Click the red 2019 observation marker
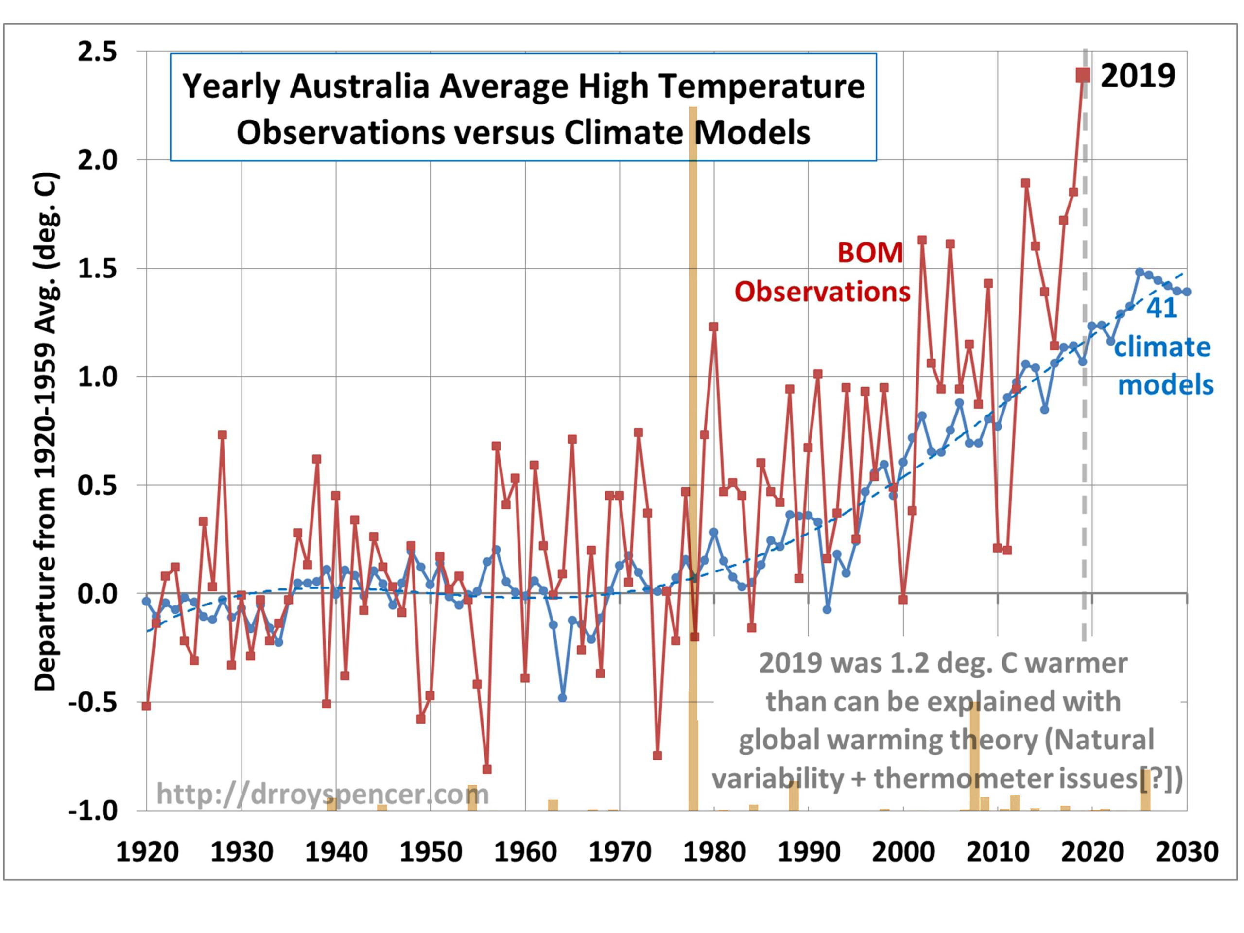[x=1083, y=75]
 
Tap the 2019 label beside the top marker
[x=1137, y=75]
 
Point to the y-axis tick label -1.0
[x=93, y=811]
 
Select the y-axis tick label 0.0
[x=97, y=593]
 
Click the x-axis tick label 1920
[x=147, y=851]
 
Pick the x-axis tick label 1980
[x=714, y=851]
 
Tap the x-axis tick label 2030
[x=1187, y=851]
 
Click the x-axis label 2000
[x=903, y=851]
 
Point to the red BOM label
[x=870, y=253]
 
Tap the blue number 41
[x=1162, y=308]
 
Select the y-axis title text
[x=46, y=431]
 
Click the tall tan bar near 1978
[x=693, y=394]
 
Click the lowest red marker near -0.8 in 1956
[x=487, y=769]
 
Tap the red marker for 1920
[x=147, y=706]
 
